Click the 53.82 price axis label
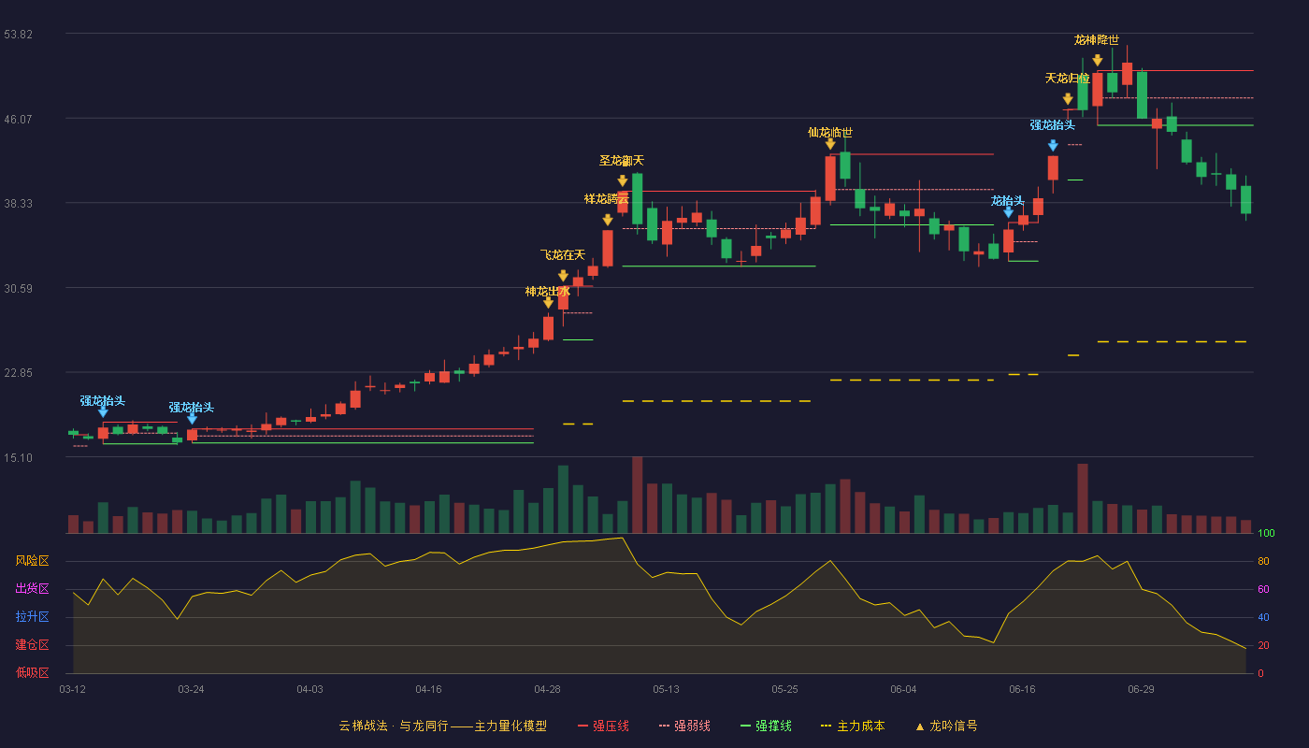(x=18, y=35)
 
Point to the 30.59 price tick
(x=18, y=289)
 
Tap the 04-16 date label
(x=428, y=690)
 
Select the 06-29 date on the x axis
(x=1141, y=690)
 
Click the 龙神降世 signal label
(x=1096, y=39)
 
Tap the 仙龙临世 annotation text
(x=830, y=133)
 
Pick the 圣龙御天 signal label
(x=621, y=161)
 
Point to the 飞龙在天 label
(x=562, y=254)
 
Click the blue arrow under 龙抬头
(x=1008, y=212)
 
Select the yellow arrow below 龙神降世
(x=1098, y=60)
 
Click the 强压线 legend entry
(x=603, y=726)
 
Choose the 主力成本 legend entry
(x=853, y=726)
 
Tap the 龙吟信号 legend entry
(x=946, y=726)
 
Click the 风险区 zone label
(x=32, y=561)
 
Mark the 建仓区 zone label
(x=32, y=645)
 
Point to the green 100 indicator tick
(x=1266, y=533)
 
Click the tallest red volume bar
(x=637, y=495)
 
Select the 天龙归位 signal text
(x=1067, y=79)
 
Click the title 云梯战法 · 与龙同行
(x=394, y=726)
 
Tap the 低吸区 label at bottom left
(x=32, y=673)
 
